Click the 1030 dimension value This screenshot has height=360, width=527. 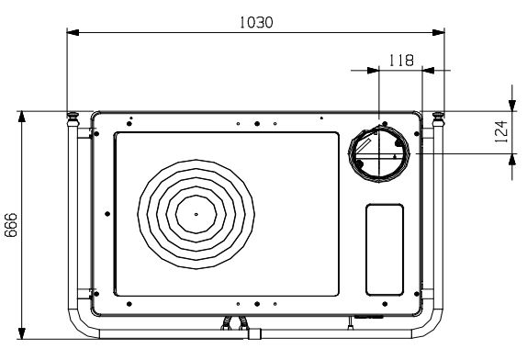[256, 22]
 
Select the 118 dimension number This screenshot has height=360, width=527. [401, 61]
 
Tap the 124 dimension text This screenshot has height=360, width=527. [501, 131]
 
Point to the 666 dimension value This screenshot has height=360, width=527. [11, 225]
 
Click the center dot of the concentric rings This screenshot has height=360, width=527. [196, 214]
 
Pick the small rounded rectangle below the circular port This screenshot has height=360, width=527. [385, 250]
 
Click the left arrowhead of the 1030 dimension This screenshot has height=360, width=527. [73, 33]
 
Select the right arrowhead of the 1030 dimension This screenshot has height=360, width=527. [438, 33]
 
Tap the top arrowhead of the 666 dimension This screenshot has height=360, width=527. [22, 117]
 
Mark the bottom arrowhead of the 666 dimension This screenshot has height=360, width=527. [22, 333]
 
